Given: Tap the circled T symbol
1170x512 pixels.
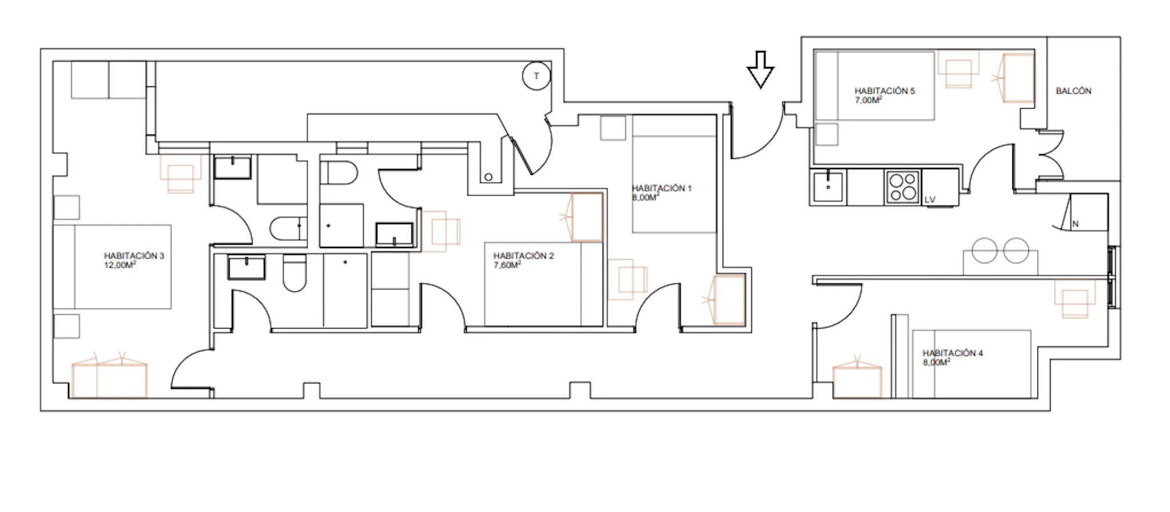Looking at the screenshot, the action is [x=536, y=76].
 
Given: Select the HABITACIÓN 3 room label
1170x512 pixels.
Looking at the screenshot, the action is [x=134, y=256].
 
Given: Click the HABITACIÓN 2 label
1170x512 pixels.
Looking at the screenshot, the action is [x=523, y=256].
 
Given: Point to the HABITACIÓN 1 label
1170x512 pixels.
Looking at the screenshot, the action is [x=662, y=188].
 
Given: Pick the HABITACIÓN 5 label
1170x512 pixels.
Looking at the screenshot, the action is [x=884, y=91].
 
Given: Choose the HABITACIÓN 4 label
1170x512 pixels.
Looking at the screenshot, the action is [x=952, y=353].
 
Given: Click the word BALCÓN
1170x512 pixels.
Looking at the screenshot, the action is [x=1073, y=91].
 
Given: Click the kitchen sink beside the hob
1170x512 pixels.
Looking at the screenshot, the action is [x=828, y=186].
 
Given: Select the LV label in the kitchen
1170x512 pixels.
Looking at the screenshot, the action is [x=930, y=199].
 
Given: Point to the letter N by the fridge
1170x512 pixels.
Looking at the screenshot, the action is [x=1075, y=224].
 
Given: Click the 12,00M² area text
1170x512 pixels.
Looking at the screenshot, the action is [x=120, y=265].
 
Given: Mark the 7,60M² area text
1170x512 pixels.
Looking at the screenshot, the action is [x=507, y=265].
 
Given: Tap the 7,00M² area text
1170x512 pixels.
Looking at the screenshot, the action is [x=868, y=100].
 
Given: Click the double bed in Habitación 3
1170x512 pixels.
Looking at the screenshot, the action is [x=113, y=267].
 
